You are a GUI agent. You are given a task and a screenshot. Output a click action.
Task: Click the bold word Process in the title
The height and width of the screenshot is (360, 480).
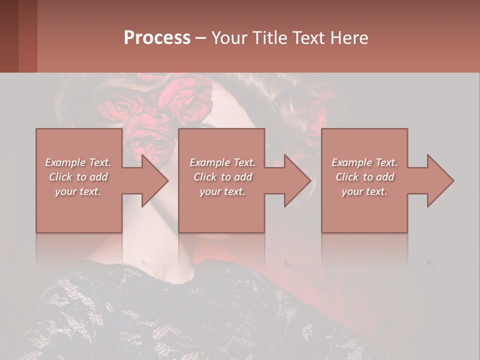157,38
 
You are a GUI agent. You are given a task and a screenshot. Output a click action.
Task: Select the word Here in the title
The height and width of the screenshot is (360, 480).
349,38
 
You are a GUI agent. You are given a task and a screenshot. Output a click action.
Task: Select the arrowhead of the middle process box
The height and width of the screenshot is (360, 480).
298,180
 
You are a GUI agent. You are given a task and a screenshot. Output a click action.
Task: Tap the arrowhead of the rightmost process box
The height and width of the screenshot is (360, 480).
440,180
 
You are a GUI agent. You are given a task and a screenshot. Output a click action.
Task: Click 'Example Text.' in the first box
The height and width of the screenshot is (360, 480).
78,162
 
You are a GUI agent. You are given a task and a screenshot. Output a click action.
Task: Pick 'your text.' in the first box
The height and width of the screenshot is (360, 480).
78,191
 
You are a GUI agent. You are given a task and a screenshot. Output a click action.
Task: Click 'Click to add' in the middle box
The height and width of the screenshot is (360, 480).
222,177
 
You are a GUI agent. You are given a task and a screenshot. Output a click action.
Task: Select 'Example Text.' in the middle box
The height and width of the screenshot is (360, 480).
222,162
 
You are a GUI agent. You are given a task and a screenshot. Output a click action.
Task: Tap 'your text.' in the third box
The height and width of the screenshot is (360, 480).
364,191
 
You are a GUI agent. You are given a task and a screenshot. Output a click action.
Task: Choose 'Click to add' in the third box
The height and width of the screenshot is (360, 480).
364,177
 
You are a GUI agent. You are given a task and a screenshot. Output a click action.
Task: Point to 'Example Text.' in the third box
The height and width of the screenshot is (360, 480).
364,162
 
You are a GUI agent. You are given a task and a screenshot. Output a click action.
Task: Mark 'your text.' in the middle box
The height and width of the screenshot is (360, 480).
222,191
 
